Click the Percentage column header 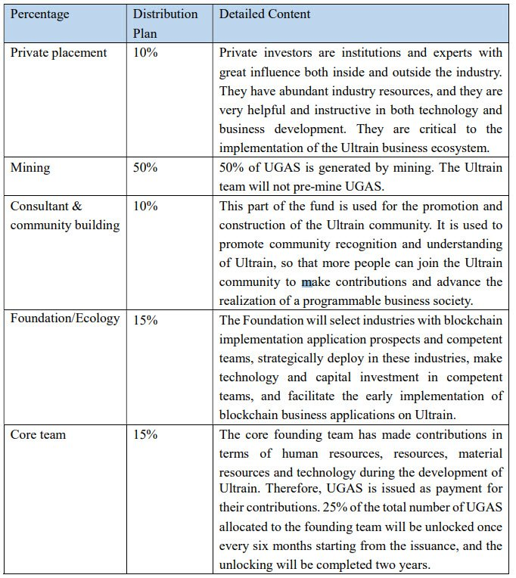pyautogui.click(x=39, y=14)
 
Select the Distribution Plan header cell pyautogui.click(x=165, y=23)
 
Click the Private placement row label pyautogui.click(x=58, y=53)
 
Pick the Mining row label pyautogui.click(x=30, y=167)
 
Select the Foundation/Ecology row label pyautogui.click(x=65, y=319)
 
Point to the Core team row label pyautogui.click(x=38, y=434)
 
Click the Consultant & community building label pyautogui.click(x=64, y=216)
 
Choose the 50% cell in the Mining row pyautogui.click(x=145, y=167)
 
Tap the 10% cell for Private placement pyautogui.click(x=145, y=53)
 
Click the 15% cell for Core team pyautogui.click(x=145, y=434)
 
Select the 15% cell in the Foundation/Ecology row pyautogui.click(x=145, y=320)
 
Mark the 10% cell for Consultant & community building pyautogui.click(x=145, y=206)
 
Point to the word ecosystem pyautogui.click(x=474, y=148)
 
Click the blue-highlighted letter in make pyautogui.click(x=307, y=282)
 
